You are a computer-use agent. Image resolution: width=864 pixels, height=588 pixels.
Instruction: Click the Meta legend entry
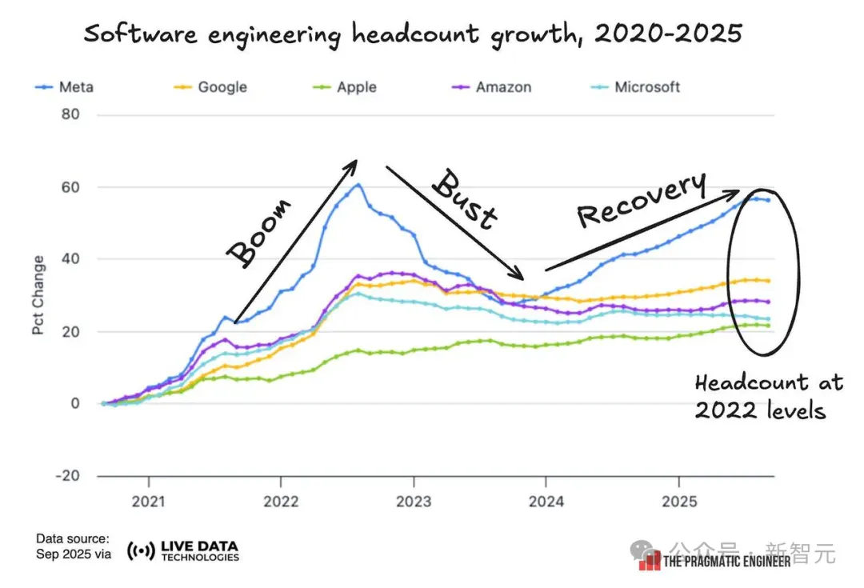(x=65, y=87)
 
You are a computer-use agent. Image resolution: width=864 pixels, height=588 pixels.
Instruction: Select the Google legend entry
(x=210, y=87)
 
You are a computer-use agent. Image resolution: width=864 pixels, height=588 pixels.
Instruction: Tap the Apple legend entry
(x=345, y=87)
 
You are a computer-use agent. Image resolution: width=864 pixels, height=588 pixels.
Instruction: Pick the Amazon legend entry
(x=491, y=87)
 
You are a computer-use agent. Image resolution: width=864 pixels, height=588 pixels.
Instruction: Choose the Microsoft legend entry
(x=635, y=87)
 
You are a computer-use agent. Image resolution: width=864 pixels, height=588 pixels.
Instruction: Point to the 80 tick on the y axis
(x=70, y=114)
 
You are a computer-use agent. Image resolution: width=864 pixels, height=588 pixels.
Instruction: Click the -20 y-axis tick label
(x=67, y=475)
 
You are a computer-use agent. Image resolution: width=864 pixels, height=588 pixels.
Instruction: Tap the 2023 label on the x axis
(x=414, y=502)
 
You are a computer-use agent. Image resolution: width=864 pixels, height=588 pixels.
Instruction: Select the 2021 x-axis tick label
(x=148, y=502)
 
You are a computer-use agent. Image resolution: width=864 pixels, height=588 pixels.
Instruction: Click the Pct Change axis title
(x=38, y=295)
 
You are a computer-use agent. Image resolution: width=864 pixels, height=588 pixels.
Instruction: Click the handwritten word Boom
(x=259, y=232)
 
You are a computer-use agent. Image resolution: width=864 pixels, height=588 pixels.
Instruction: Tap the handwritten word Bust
(x=465, y=199)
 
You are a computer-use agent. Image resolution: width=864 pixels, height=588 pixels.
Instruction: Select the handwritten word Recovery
(x=642, y=199)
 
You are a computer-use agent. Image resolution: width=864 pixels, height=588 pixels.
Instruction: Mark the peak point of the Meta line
(x=358, y=185)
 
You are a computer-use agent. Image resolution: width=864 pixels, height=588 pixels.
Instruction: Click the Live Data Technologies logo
(x=183, y=550)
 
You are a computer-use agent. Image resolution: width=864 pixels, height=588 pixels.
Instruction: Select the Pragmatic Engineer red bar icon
(x=650, y=561)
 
